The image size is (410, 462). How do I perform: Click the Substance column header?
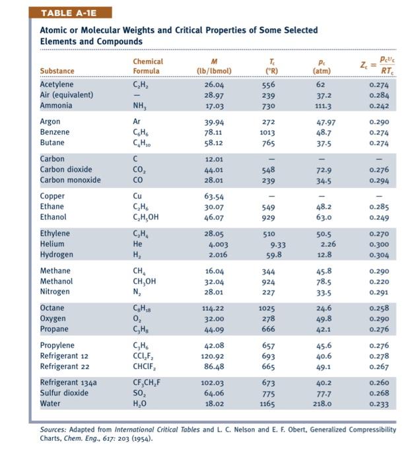[57, 71]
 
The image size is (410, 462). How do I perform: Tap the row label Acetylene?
[57, 84]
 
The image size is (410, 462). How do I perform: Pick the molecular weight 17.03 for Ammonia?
[215, 106]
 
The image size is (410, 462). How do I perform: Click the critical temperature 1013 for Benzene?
[267, 132]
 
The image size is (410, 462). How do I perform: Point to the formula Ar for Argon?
[137, 121]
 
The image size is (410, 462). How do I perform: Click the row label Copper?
[53, 196]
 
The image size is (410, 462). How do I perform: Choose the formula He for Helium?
[138, 244]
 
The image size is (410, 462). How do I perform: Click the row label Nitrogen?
[55, 292]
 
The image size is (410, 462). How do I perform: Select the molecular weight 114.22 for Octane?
[213, 308]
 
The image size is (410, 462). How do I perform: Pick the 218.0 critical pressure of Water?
[324, 404]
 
